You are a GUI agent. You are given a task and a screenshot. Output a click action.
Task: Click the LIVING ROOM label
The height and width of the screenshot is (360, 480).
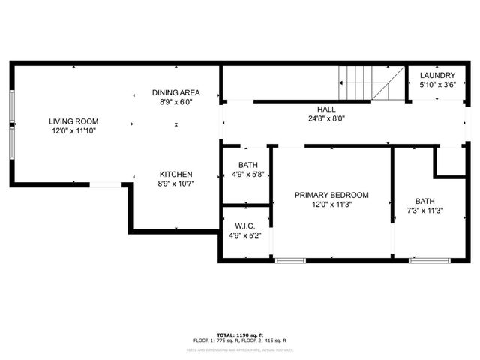pos(73,121)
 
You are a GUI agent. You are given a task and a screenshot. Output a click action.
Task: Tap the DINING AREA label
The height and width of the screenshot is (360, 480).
pos(175,92)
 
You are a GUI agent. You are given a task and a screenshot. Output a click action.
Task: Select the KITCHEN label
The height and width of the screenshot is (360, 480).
pos(175,174)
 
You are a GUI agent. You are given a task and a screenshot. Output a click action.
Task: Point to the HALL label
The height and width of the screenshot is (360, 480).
pos(325,109)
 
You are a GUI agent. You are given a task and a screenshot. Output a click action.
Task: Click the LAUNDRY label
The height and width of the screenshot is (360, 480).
pos(437,75)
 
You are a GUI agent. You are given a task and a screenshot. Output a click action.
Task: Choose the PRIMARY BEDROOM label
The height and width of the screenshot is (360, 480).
pos(331,195)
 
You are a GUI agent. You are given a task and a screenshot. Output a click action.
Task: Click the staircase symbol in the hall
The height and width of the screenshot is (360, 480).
pos(371,83)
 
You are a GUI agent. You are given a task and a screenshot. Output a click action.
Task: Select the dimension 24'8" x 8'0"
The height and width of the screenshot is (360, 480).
pos(325,118)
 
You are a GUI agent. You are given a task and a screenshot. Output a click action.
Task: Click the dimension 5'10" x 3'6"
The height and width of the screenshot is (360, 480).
pos(437,85)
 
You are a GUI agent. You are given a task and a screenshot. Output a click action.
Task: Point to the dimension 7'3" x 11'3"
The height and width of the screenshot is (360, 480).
pos(425,211)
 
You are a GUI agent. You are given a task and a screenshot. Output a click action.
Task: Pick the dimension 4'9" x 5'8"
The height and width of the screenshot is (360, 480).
pos(247,175)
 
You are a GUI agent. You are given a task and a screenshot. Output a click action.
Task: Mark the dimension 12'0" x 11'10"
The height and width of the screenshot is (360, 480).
pos(73,130)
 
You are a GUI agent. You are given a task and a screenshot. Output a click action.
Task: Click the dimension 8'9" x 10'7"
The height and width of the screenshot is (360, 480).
pos(175,184)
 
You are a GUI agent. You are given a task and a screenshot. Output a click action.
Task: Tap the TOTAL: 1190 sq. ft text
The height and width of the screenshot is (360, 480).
pos(239,334)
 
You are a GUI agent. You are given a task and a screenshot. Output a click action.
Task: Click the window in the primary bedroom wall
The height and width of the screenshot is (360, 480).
pos(290,260)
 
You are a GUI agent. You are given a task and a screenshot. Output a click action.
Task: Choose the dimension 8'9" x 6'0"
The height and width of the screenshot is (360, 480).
pos(175,102)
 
